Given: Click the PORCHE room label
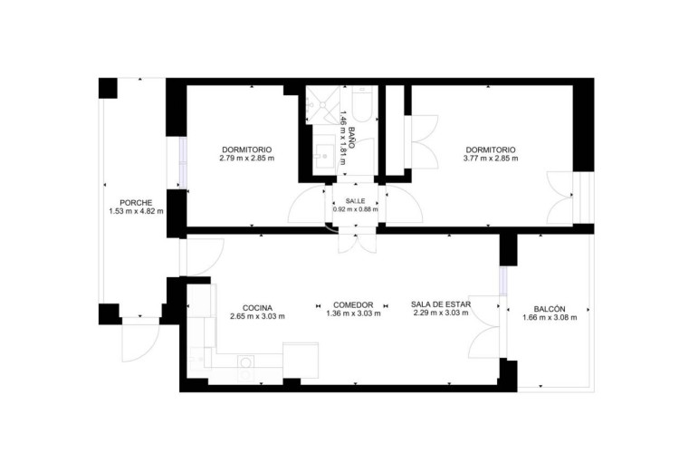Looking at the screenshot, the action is [x=136, y=203].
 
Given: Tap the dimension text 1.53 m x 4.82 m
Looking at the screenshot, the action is [x=137, y=211].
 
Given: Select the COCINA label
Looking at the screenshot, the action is [x=257, y=308].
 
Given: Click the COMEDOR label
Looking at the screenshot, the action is [x=353, y=305].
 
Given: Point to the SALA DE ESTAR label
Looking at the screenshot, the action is [x=441, y=304].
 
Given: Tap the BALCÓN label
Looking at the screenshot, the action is [x=550, y=309].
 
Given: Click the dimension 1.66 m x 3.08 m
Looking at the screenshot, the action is [x=550, y=317].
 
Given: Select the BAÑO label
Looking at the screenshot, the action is [x=351, y=138].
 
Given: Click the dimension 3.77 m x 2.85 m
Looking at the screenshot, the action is [x=491, y=159].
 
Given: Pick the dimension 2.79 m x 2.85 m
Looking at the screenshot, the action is [x=247, y=159].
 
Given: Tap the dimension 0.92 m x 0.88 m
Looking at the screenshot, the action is [x=355, y=209].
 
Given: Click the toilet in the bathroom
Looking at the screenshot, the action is [x=362, y=104].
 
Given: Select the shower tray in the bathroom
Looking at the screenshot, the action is [x=323, y=105].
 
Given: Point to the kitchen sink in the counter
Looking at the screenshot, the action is [x=197, y=360].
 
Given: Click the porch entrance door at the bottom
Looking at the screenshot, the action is [x=140, y=340].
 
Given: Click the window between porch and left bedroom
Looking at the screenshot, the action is [x=183, y=163].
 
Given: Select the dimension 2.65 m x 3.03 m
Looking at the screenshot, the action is [x=257, y=316].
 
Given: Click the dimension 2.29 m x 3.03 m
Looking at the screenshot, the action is [x=441, y=313].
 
